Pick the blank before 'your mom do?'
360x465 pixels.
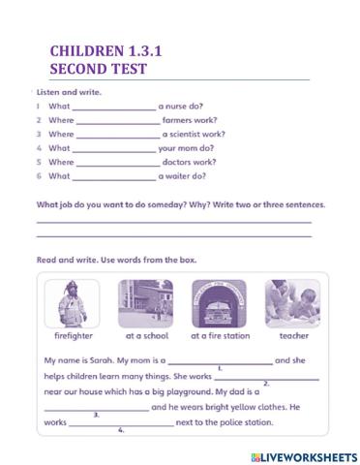coord(114,149)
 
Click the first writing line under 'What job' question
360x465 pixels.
coord(174,222)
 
